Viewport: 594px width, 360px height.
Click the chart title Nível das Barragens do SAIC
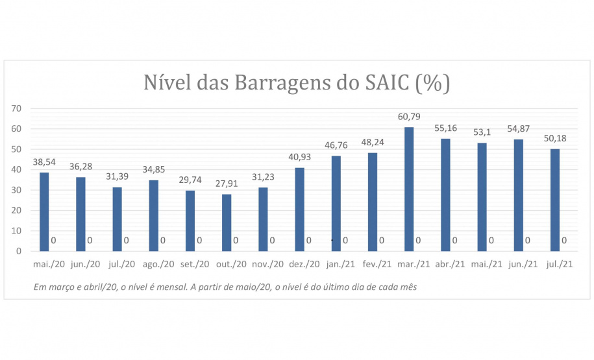(x=296, y=83)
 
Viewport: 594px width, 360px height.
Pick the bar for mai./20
(x=44, y=211)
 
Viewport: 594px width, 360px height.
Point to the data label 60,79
(x=409, y=117)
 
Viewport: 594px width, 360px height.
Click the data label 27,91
(x=227, y=184)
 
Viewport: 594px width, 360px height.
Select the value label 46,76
(x=336, y=145)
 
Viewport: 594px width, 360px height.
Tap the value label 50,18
(x=555, y=139)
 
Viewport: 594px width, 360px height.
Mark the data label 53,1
(x=482, y=132)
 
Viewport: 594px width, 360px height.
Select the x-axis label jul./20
(x=122, y=264)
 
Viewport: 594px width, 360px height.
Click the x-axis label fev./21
(x=377, y=264)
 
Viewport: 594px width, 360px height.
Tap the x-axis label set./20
(x=195, y=264)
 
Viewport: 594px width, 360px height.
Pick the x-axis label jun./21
(x=523, y=264)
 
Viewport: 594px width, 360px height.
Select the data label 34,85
(x=154, y=169)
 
